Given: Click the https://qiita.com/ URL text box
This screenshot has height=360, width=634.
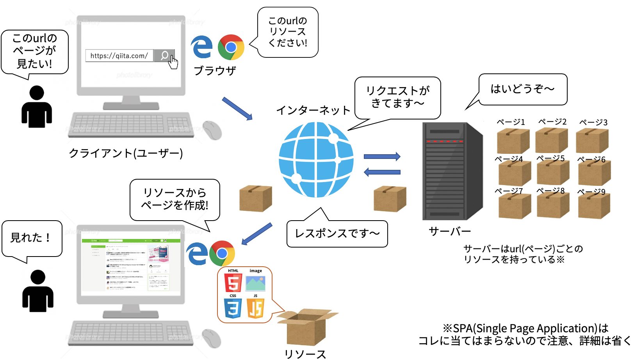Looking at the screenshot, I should click(x=119, y=56).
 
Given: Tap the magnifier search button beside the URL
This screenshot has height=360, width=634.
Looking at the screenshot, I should click(x=164, y=56).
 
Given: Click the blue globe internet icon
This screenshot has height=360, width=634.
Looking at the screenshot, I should click(x=316, y=160).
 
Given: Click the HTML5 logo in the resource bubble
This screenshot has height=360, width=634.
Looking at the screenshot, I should click(x=233, y=282).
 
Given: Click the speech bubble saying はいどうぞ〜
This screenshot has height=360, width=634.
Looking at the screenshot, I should click(x=523, y=89).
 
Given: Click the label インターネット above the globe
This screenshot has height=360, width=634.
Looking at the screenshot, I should click(x=313, y=110).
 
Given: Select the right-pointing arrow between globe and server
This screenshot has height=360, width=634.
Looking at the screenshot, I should click(x=382, y=157).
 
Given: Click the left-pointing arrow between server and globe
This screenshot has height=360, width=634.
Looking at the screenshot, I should click(x=382, y=172).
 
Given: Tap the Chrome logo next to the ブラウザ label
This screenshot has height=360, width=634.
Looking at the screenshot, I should click(x=231, y=47).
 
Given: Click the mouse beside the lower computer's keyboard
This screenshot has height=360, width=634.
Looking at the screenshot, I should click(x=212, y=338).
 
